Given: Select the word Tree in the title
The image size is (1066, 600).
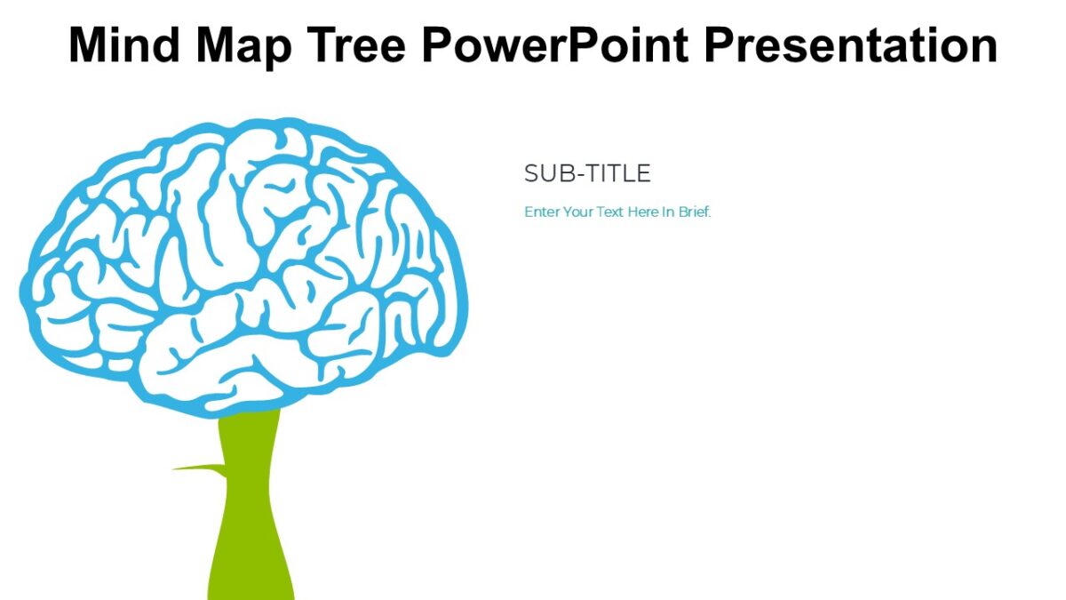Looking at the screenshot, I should coord(355,44).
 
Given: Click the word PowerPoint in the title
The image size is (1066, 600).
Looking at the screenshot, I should coord(554,44).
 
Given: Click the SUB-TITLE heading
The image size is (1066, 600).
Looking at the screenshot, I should coord(587,173).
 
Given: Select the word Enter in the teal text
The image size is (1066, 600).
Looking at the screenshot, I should coord(542,212).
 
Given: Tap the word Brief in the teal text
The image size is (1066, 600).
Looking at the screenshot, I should coord(695,212).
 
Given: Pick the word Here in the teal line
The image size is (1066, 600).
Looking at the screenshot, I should coord(641,212).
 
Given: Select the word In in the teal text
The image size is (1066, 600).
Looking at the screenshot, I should coord(668,212).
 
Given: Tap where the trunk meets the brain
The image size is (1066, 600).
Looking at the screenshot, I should coord(250,413).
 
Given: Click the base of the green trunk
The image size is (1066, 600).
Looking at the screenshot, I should coord(251,591).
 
